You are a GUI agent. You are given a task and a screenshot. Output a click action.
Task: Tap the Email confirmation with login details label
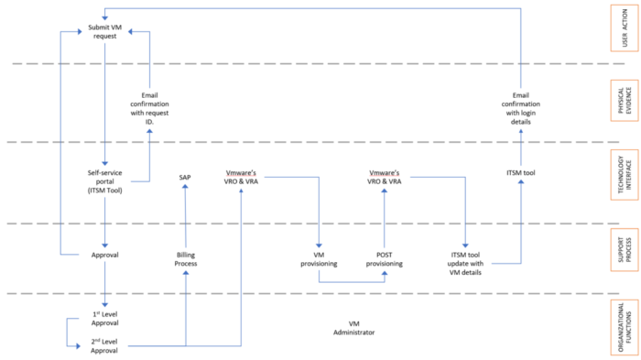click(519, 107)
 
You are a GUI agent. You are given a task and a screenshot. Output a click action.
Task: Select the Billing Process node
click(186, 258)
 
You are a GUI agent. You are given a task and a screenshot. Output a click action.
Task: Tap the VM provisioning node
click(317, 258)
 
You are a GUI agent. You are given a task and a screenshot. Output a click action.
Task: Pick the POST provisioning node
click(384, 258)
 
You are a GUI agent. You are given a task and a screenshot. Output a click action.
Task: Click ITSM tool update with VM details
click(467, 258)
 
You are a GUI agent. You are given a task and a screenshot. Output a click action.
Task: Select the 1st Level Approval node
click(105, 318)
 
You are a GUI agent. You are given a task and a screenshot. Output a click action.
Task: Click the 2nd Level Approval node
click(105, 345)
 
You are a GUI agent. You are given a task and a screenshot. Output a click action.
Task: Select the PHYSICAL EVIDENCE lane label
click(625, 102)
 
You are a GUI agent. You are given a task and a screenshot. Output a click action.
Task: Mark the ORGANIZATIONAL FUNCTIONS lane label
click(625, 326)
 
